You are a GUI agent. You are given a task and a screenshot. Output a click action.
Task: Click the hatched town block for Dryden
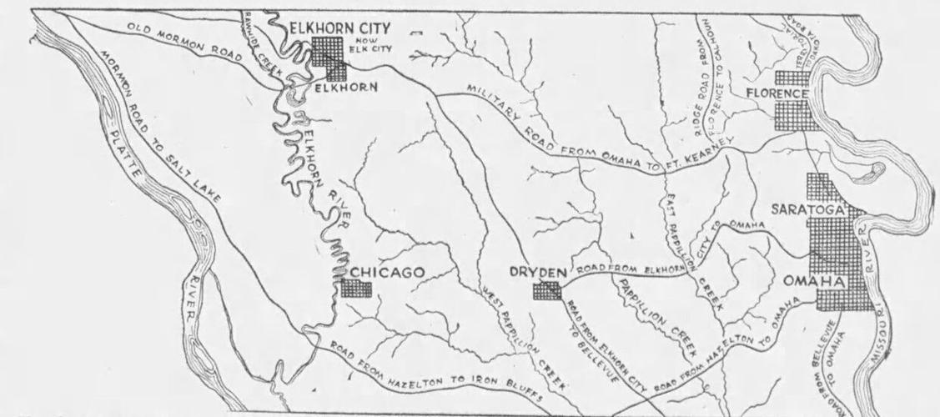pos(547,290)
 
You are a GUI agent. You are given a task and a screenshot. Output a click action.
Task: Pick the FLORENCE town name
pos(777,93)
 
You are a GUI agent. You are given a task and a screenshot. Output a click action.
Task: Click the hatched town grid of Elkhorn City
pos(331,57)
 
